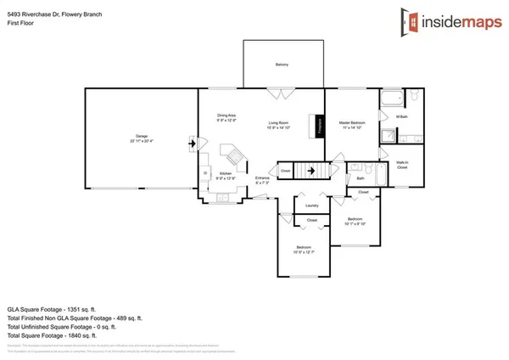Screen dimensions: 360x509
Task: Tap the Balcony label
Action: click(281, 65)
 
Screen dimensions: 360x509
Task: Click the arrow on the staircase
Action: click(312, 171)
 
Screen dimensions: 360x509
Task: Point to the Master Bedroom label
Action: click(351, 122)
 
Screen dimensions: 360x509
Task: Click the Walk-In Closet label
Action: click(403, 166)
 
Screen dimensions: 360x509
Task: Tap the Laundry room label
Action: click(311, 205)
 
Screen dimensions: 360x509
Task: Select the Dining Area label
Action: click(227, 115)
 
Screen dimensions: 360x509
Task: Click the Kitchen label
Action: click(225, 173)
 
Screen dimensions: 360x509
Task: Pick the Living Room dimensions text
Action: click(281, 127)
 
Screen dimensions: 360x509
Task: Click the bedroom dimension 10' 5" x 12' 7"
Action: click(304, 252)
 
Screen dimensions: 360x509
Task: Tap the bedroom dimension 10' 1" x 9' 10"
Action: click(355, 224)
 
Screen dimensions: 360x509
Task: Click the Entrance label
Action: click(262, 178)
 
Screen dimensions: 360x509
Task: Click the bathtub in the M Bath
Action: click(391, 102)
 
